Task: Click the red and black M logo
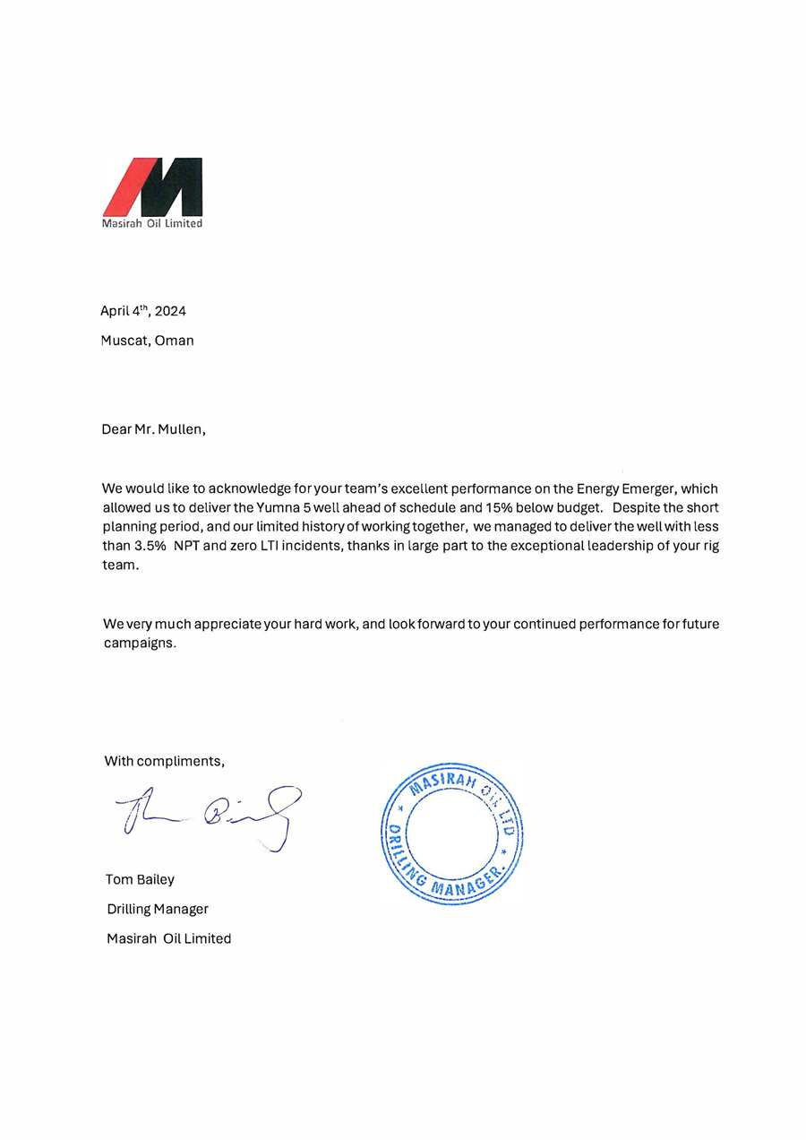point(152,186)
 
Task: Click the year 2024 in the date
point(169,311)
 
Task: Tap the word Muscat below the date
point(124,341)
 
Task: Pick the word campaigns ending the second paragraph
point(138,643)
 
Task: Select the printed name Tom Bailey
point(140,879)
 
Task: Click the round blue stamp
point(451,833)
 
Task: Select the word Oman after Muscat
point(175,341)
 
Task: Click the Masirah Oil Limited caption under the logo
point(152,223)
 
